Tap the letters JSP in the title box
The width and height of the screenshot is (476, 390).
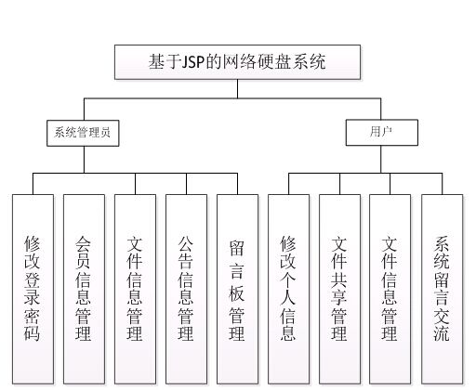click(192, 62)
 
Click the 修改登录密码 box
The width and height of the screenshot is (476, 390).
click(32, 288)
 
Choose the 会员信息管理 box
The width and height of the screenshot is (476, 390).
click(83, 288)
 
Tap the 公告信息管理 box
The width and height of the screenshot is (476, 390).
click(185, 288)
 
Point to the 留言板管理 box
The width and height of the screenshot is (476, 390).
click(237, 288)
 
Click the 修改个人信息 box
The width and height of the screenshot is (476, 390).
click(288, 288)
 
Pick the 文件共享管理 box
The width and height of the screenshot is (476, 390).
click(339, 288)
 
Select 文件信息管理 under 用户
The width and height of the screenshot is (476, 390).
click(390, 288)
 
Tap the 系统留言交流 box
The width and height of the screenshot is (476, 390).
click(442, 288)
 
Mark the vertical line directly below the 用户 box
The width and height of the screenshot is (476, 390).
click(381, 159)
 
